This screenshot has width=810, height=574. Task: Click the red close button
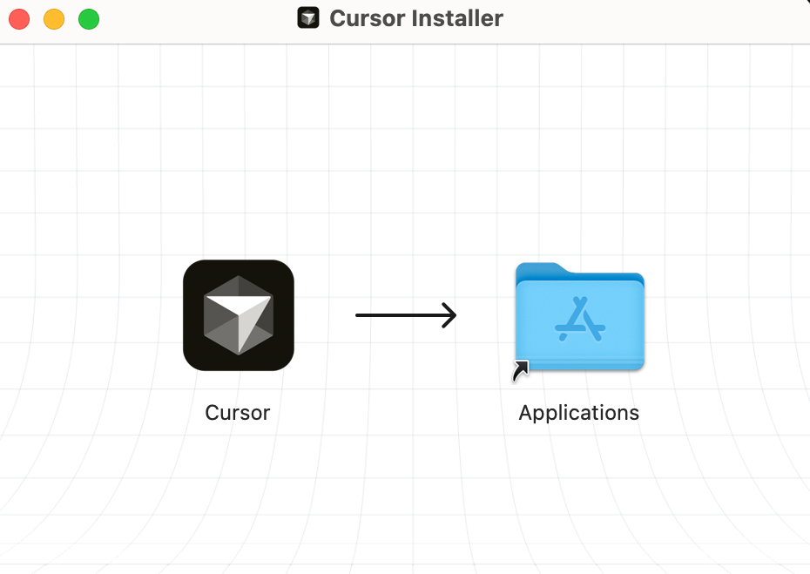click(x=19, y=19)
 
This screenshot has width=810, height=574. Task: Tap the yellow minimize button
click(x=54, y=19)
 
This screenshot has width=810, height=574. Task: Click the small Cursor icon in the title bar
click(x=308, y=18)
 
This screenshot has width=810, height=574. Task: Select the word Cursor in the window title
click(x=368, y=18)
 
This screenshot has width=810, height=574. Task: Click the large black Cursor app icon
click(x=239, y=315)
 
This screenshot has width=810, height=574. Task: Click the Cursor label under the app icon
click(x=238, y=413)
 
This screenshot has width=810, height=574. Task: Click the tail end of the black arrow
click(x=356, y=315)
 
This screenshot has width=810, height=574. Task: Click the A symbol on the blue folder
click(x=580, y=319)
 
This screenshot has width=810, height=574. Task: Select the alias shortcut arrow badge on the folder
click(x=521, y=371)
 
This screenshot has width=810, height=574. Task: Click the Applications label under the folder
click(x=579, y=413)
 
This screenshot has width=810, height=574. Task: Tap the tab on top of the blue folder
click(x=540, y=269)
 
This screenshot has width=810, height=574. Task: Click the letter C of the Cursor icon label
click(x=213, y=413)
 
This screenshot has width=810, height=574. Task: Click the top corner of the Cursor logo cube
click(x=239, y=275)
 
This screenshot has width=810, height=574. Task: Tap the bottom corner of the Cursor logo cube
click(x=239, y=355)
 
